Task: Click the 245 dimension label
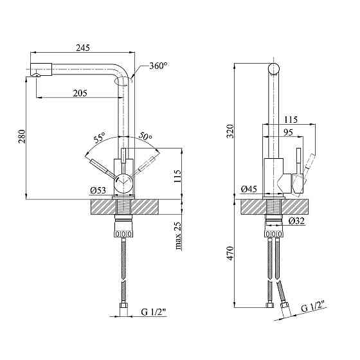coord(83,48)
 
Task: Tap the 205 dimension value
coord(80,93)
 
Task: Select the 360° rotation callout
coord(158,66)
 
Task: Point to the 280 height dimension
coord(22,136)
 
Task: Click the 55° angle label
coord(99,138)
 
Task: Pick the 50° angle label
coord(145,136)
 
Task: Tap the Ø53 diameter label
coord(98,190)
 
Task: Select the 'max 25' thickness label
coord(178,235)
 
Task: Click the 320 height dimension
coord(230,131)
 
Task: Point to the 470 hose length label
coord(230,253)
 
